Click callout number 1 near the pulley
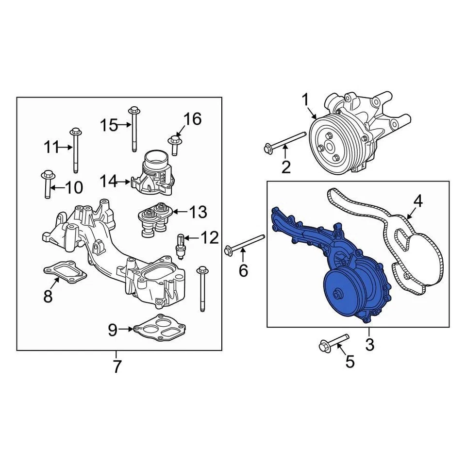point(305,100)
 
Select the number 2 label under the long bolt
point(286,167)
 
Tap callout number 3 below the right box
point(369,345)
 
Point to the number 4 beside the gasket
point(417,200)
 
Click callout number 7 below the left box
point(116,367)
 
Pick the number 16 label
point(192,119)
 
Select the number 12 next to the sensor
point(210,238)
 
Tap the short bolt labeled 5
point(334,342)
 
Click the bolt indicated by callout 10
point(47,184)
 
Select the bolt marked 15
point(134,128)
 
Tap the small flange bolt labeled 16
point(174,141)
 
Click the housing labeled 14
point(154,172)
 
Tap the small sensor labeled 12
point(181,243)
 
